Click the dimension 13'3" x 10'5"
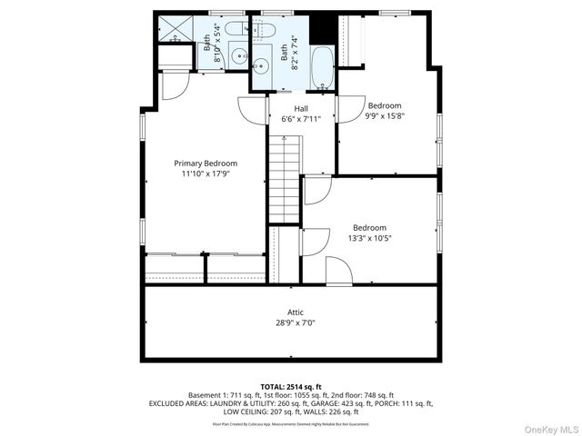pyautogui.click(x=370, y=239)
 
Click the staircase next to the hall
pyautogui.click(x=284, y=178)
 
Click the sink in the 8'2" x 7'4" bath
pyautogui.click(x=261, y=65)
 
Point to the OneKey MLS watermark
pyautogui.click(x=547, y=428)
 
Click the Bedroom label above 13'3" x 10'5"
pyautogui.click(x=370, y=228)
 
